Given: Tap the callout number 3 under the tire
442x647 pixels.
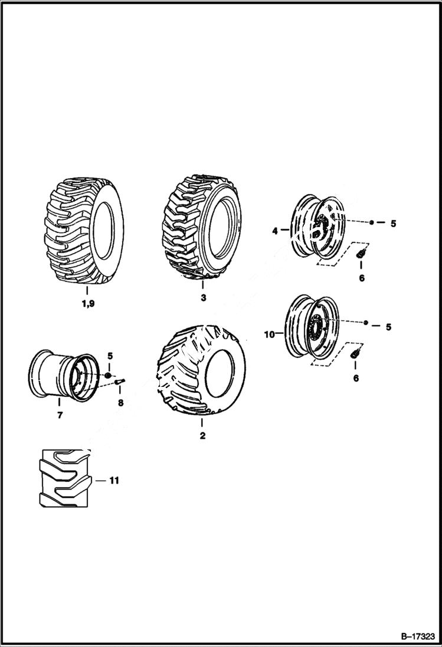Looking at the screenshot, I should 203,298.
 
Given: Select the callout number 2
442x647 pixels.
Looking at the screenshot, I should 202,436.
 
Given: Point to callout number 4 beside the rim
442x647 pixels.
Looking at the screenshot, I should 275,232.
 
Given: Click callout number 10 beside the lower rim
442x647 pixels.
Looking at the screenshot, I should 270,334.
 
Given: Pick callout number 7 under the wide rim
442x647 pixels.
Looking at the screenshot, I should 60,415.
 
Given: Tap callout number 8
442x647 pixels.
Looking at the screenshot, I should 120,403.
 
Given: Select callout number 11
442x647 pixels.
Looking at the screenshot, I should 114,481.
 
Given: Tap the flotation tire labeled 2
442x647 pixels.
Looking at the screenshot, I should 201,369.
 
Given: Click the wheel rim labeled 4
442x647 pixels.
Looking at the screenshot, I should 316,226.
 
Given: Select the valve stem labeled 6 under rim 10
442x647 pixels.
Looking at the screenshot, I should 355,353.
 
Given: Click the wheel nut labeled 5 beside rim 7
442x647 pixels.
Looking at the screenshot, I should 109,376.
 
